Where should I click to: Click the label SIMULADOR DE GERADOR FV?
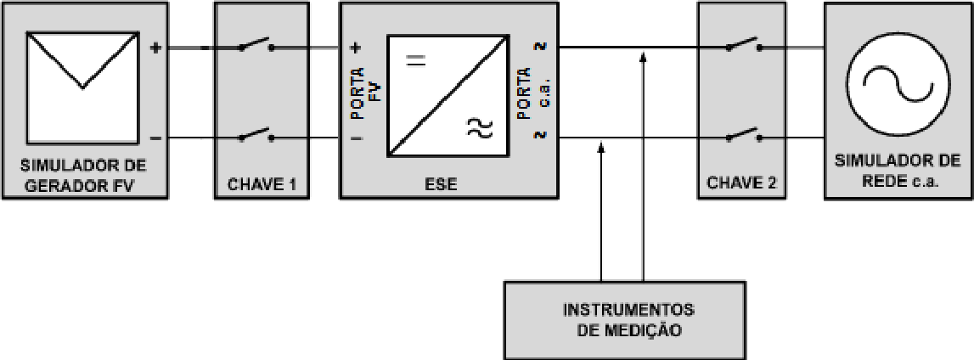(x=83, y=176)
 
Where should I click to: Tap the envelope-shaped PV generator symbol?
(x=82, y=87)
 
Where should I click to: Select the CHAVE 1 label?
(x=262, y=183)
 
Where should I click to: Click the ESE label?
(x=443, y=183)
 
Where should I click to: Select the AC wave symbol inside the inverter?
(x=480, y=128)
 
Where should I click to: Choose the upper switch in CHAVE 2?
(x=744, y=45)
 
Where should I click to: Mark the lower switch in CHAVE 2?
(x=744, y=135)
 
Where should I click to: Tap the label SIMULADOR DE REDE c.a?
(x=898, y=171)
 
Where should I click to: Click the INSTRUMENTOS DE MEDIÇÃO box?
(x=624, y=319)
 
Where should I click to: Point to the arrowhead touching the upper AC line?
(x=643, y=57)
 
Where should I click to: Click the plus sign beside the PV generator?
(x=156, y=47)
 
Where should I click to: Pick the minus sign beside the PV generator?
(x=156, y=138)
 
